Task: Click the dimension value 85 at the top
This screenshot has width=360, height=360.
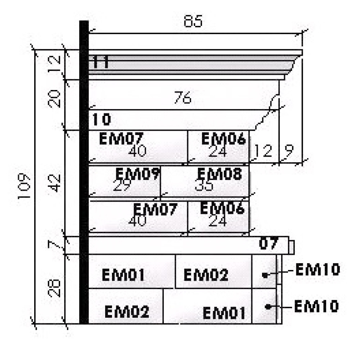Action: (x=193, y=22)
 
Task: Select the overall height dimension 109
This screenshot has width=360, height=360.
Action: (x=24, y=186)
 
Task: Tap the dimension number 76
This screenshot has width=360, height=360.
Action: (x=183, y=98)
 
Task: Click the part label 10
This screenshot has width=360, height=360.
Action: (x=102, y=120)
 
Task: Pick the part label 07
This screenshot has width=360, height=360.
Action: (x=269, y=244)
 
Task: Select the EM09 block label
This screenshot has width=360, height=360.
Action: (x=138, y=174)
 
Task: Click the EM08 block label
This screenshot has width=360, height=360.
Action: (x=219, y=174)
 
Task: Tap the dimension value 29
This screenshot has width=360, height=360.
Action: (x=122, y=186)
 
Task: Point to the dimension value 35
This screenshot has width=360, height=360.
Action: (x=204, y=185)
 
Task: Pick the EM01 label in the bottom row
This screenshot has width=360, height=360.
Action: (x=224, y=312)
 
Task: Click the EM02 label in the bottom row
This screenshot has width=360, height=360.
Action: (x=127, y=311)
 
